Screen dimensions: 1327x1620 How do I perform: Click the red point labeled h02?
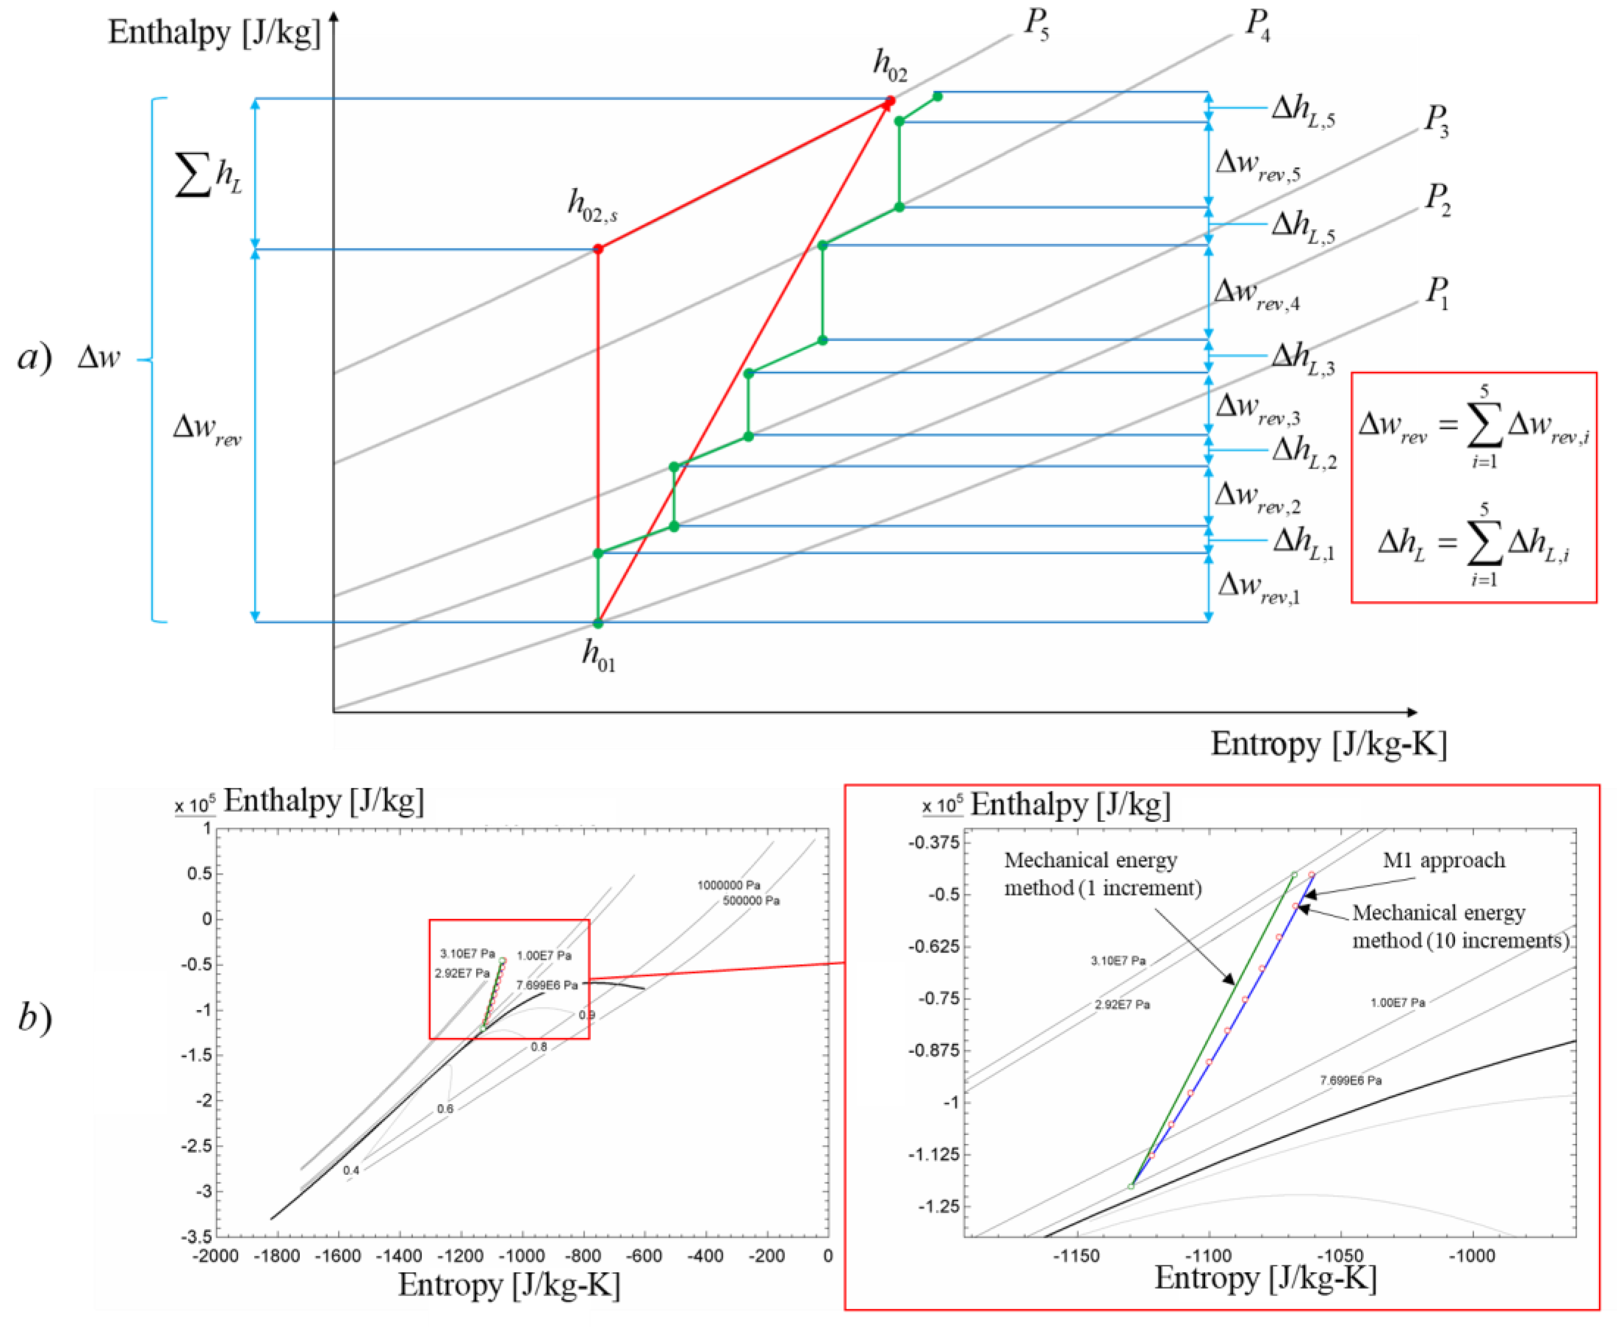tap(890, 101)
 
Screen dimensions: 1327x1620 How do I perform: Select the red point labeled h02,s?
tap(598, 249)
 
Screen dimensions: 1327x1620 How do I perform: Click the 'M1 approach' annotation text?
tap(1443, 861)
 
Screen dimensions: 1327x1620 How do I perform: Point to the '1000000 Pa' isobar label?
tap(729, 885)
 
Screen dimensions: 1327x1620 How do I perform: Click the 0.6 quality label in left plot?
tap(445, 1109)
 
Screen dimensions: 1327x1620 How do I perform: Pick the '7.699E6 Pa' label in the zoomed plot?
tap(1350, 1081)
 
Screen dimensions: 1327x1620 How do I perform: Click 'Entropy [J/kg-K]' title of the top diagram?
tap(1329, 744)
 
